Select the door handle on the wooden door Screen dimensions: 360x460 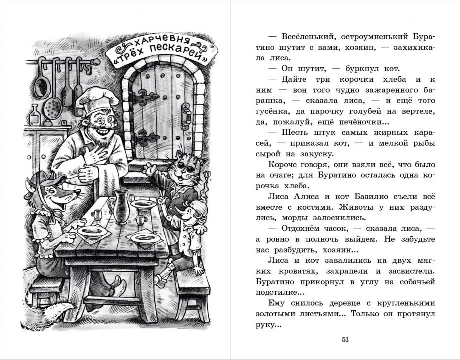186,115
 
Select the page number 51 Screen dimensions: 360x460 345,340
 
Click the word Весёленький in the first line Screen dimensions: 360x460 305,37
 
